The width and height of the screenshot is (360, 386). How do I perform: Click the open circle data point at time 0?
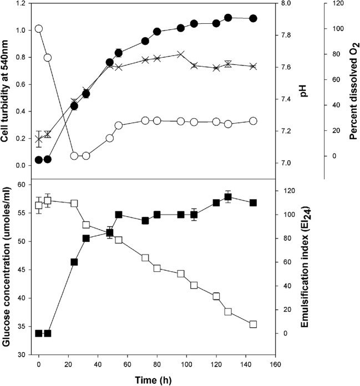39,28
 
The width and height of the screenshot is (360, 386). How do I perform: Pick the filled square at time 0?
39,333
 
